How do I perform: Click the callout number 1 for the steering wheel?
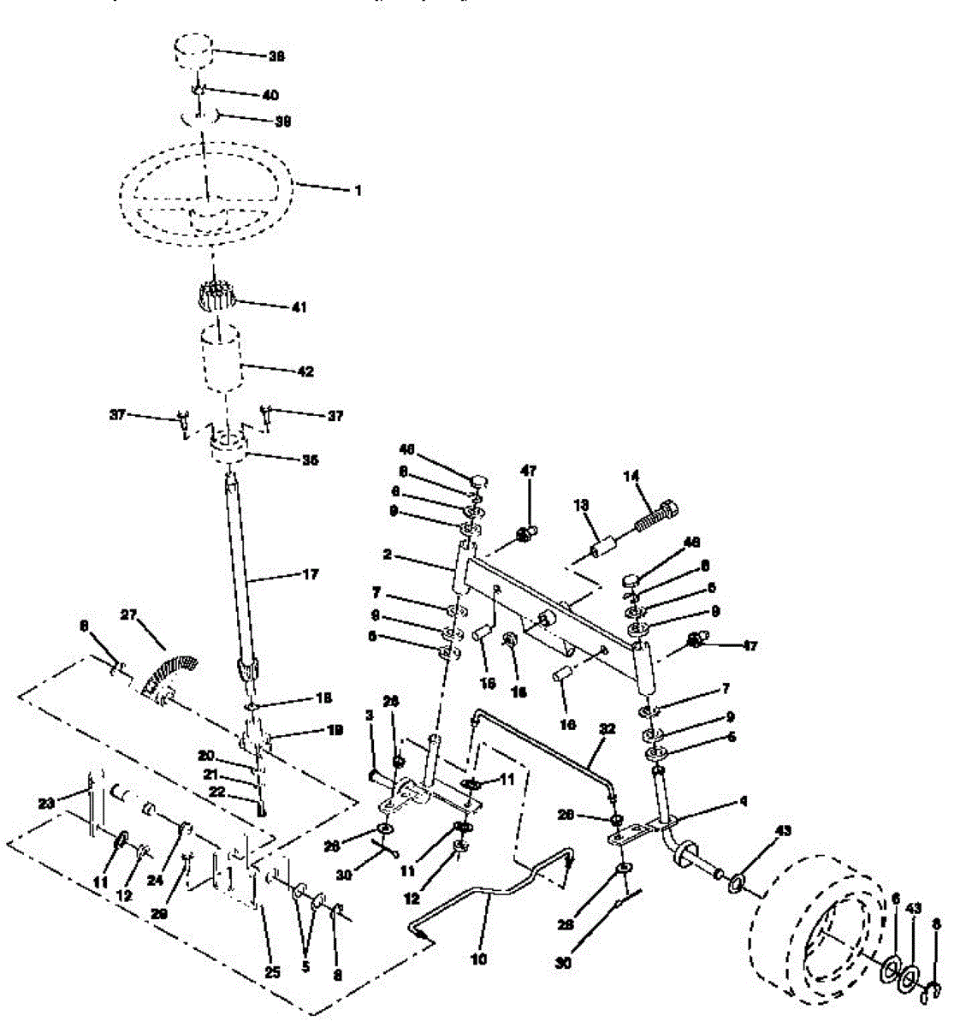[358, 191]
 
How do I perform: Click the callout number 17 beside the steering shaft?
[309, 574]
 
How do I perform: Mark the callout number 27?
[128, 614]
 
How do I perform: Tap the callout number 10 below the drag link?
[478, 959]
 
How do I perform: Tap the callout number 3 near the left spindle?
[370, 714]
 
